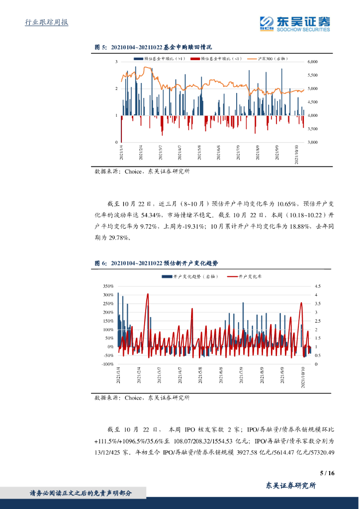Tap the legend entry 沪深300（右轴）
[271, 59]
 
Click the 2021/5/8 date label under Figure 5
[199, 152]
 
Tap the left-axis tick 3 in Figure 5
[116, 62]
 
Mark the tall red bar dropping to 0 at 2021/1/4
[121, 129]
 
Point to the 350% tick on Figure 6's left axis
[108, 286]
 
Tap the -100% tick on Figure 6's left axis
[107, 364]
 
